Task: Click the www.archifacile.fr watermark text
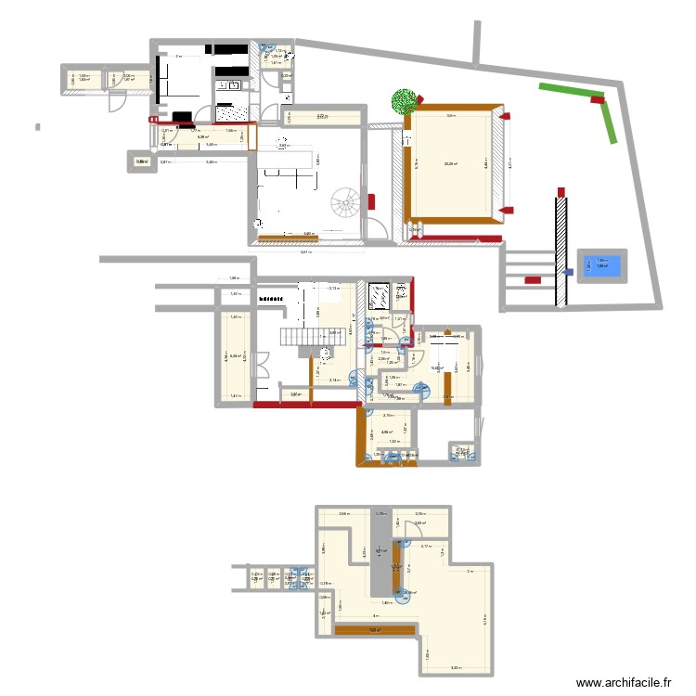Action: [x=625, y=683]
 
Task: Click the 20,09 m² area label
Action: [x=450, y=164]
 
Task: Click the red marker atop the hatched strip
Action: [x=561, y=191]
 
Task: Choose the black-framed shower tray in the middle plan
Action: [x=380, y=296]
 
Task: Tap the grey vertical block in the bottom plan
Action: [x=380, y=554]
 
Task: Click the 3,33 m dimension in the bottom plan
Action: [x=456, y=667]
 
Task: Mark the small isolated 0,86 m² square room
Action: [x=142, y=163]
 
